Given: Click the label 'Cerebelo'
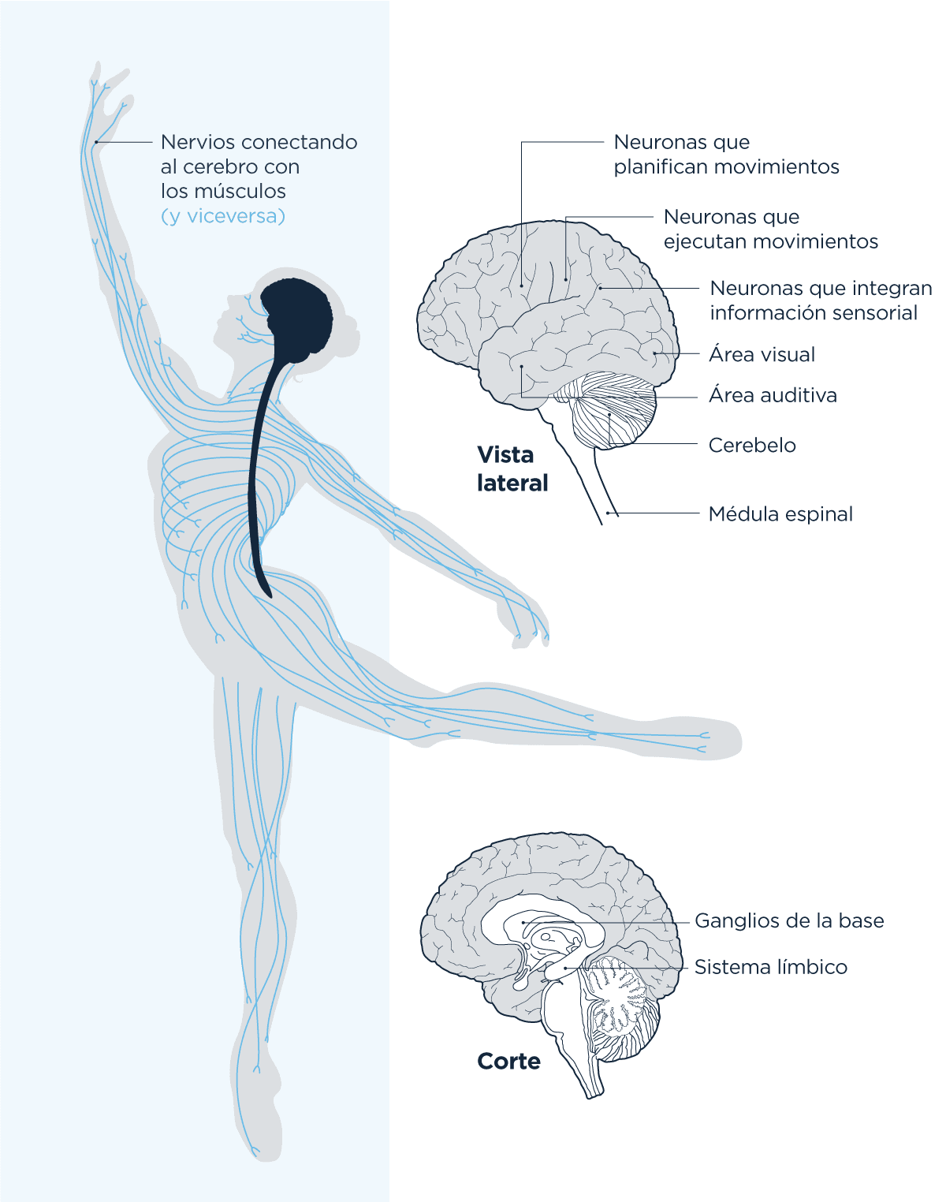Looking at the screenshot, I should pos(752,445).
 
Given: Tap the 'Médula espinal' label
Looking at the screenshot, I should pos(780,514).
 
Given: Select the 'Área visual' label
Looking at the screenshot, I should pos(762,354).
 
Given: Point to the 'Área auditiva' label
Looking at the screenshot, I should pos(773,395).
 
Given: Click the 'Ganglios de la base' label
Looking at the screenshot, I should pos(789,920).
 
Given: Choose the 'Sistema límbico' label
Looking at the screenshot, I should pos(770,967).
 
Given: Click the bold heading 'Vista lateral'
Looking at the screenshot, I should pos(512,469).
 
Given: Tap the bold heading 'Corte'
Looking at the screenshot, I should pos(508,1062).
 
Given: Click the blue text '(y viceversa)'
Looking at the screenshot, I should pos(223,216).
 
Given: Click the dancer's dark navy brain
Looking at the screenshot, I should pos(297,315).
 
